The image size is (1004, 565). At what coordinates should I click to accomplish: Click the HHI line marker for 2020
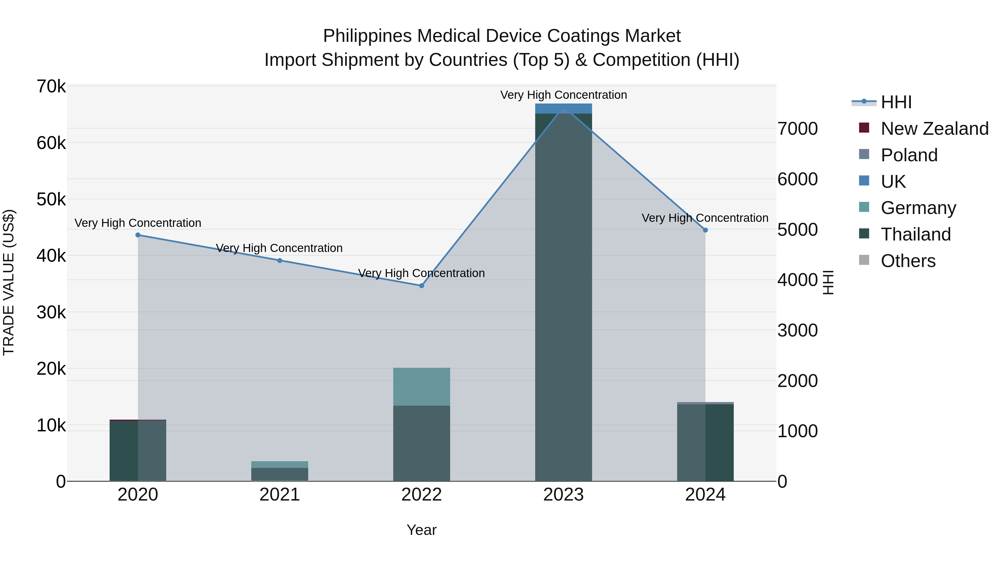point(138,235)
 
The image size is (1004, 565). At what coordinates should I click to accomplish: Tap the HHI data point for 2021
point(280,261)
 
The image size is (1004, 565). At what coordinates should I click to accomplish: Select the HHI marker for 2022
point(421,286)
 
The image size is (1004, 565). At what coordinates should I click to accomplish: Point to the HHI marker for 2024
point(706,230)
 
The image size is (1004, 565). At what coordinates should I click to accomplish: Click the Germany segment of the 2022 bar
point(421,386)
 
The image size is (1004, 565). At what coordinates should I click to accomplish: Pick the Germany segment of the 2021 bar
point(280,464)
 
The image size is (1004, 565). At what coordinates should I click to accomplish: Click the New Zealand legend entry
point(934,129)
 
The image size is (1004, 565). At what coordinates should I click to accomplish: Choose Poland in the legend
point(909,155)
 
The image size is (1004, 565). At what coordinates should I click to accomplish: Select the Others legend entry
point(908,261)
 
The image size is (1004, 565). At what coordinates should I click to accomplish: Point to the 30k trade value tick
point(51,312)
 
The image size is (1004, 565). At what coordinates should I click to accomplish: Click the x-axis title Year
point(421,530)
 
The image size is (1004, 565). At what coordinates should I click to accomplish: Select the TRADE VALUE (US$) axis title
point(9,282)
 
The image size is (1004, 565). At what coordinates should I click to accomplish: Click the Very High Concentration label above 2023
point(564,95)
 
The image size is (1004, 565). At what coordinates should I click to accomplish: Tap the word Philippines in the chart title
point(367,36)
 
